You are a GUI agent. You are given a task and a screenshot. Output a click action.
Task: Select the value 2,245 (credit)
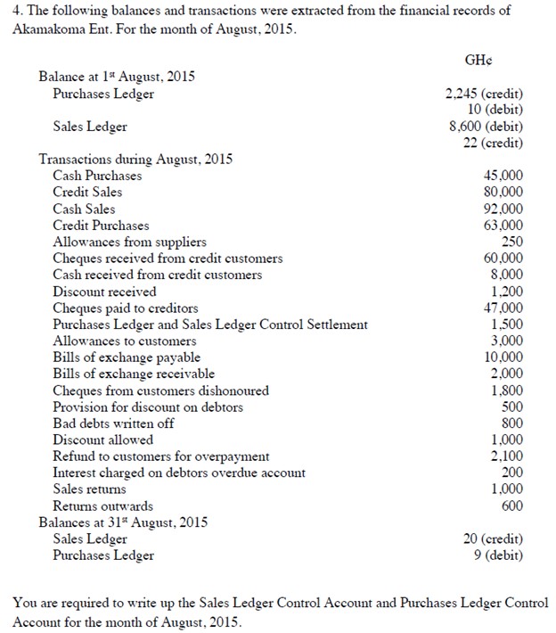(x=484, y=94)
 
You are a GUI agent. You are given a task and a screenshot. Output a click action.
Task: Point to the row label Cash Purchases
(x=97, y=176)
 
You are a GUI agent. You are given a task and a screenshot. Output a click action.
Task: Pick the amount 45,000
(x=504, y=176)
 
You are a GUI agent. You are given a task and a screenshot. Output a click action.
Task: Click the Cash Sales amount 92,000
(x=504, y=209)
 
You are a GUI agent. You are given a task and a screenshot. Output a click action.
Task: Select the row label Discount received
(x=104, y=292)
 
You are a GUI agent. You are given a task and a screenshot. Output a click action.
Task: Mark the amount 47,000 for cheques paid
(x=504, y=308)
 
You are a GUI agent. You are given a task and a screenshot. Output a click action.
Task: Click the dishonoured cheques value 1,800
(x=508, y=390)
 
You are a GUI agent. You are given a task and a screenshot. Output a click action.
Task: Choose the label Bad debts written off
(x=113, y=423)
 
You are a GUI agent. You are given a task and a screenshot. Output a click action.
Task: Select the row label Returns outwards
(x=102, y=506)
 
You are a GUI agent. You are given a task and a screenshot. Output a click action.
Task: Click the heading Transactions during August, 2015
(x=135, y=160)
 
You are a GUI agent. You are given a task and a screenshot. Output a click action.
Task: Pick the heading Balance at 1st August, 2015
(x=117, y=77)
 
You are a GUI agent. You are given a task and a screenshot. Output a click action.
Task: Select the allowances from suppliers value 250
(x=512, y=242)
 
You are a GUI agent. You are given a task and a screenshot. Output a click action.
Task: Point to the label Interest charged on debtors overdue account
(x=179, y=473)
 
